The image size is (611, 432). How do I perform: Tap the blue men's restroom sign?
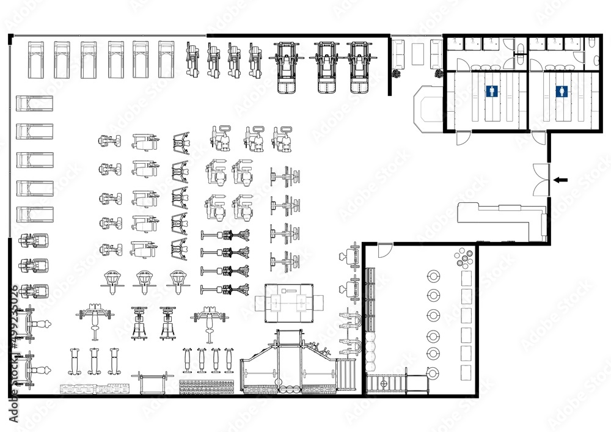(492, 92)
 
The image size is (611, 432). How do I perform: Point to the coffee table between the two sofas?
(419, 53)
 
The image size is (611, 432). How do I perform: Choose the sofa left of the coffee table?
(398, 53)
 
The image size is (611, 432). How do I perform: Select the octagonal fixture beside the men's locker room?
(427, 109)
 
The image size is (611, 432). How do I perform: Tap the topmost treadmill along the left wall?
(34, 103)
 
